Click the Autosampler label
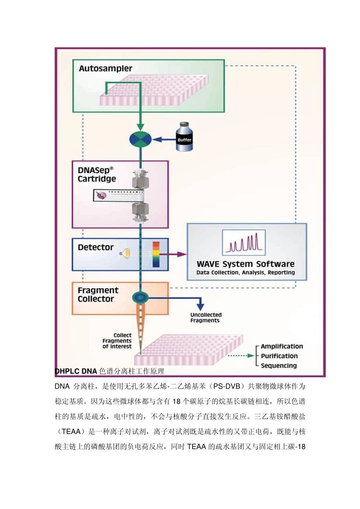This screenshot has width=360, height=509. [105, 69]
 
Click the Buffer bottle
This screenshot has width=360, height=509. [185, 137]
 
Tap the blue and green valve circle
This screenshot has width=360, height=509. [141, 140]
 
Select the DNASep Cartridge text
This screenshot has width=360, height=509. [97, 175]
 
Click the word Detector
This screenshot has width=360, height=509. [95, 247]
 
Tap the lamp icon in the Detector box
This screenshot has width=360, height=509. [125, 253]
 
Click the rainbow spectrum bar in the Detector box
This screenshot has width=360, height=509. [156, 254]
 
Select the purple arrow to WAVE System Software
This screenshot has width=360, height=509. [178, 254]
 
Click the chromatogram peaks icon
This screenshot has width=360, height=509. [244, 242]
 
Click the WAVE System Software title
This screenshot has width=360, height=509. [245, 264]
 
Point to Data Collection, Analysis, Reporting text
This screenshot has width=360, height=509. [245, 273]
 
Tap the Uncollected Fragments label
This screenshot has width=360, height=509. [206, 317]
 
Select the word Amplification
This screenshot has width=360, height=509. [282, 346]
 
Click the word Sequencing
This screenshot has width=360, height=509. [279, 365]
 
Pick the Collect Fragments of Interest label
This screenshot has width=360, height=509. [117, 341]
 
